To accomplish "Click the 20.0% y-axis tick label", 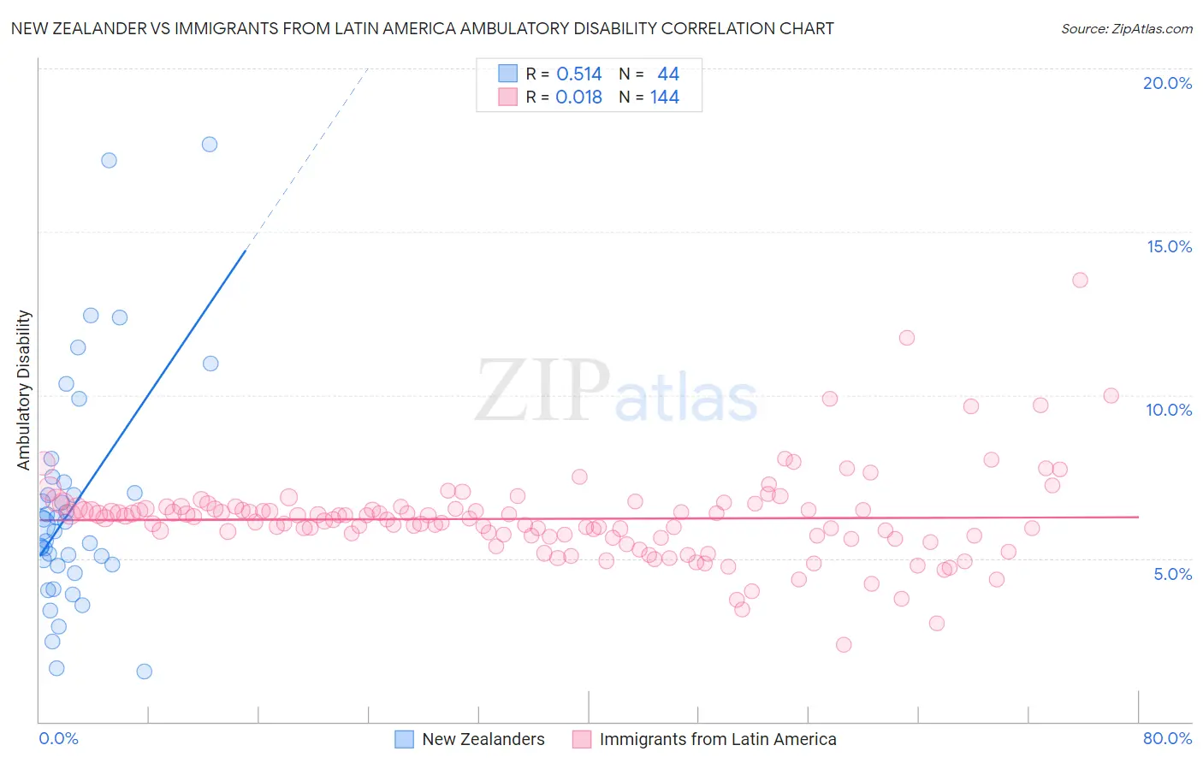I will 1167,83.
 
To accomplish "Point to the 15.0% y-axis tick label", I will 1169,246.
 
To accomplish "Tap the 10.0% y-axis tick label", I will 1169,410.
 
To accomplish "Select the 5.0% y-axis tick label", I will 1172,574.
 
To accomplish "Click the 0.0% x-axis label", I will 58,738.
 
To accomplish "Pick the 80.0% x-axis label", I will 1167,738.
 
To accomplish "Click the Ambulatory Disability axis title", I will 24,390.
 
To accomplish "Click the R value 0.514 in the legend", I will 579,74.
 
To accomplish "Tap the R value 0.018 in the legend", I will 579,98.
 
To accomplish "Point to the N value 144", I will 665,98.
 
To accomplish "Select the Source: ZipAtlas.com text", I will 1126,29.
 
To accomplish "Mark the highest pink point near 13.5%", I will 1080,280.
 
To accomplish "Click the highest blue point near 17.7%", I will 210,144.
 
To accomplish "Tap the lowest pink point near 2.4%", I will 844,645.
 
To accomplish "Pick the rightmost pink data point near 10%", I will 1111,395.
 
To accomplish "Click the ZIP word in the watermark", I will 542,392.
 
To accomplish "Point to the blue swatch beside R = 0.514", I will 508,74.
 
